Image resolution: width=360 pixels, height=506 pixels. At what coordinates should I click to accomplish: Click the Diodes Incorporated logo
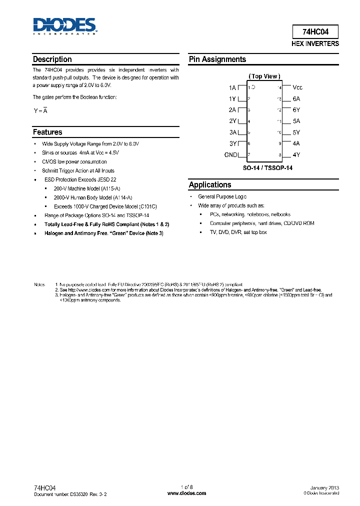pyautogui.click(x=64, y=26)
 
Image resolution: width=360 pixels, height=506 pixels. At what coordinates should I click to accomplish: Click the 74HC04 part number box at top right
pyautogui.click(x=315, y=32)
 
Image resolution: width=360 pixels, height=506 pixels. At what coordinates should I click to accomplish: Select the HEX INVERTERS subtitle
pyautogui.click(x=315, y=44)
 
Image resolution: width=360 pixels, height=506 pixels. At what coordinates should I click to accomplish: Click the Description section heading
pyautogui.click(x=52, y=59)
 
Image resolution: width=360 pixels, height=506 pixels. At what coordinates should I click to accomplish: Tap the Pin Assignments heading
pyautogui.click(x=217, y=59)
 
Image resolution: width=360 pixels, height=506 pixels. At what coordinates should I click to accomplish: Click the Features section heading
pyautogui.click(x=47, y=132)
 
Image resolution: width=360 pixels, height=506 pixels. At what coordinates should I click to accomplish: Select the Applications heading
pyautogui.click(x=210, y=185)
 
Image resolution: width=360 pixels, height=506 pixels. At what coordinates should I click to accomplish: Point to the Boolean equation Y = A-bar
pyautogui.click(x=40, y=111)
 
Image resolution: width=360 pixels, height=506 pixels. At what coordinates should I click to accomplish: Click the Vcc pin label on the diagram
pyautogui.click(x=297, y=87)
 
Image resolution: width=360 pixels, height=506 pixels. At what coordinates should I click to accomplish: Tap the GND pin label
pyautogui.click(x=230, y=155)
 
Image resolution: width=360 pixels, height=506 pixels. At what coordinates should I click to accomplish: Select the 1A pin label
pyautogui.click(x=232, y=87)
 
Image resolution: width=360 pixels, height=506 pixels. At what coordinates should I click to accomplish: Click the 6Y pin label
pyautogui.click(x=296, y=110)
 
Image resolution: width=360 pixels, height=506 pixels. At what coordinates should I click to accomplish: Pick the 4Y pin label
pyautogui.click(x=296, y=155)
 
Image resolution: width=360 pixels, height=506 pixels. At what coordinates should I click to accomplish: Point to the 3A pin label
pyautogui.click(x=232, y=132)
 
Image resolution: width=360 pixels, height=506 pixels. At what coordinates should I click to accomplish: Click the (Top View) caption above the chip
pyautogui.click(x=264, y=76)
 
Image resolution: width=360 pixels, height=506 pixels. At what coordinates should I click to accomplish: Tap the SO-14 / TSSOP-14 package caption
pyautogui.click(x=267, y=168)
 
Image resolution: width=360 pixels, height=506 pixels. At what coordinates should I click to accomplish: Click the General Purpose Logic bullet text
pyautogui.click(x=222, y=197)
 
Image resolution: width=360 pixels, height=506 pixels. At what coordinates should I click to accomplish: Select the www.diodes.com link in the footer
pyautogui.click(x=186, y=493)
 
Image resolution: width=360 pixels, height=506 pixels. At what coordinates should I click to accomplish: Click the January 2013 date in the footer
pyautogui.click(x=324, y=487)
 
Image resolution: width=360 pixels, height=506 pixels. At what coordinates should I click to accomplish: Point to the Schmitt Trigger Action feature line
pyautogui.click(x=78, y=171)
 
